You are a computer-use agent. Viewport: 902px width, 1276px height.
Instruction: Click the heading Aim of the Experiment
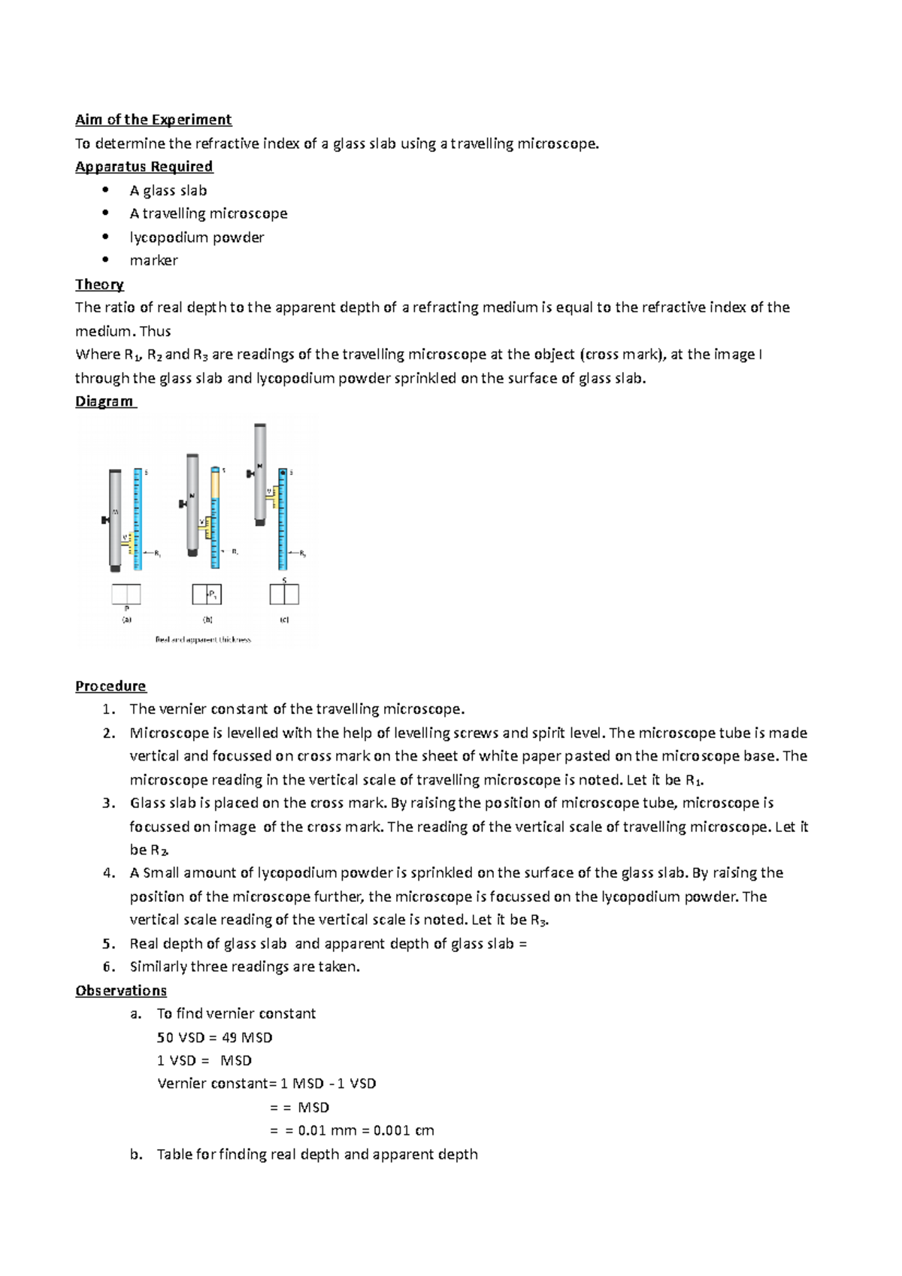click(x=153, y=119)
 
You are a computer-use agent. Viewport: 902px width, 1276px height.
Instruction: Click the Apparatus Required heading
click(x=144, y=166)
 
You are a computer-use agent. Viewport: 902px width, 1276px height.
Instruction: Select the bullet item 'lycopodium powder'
click(x=196, y=237)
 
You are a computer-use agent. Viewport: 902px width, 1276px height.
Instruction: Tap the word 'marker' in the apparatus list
click(x=153, y=261)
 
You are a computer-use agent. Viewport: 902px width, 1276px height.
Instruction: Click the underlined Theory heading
click(x=99, y=284)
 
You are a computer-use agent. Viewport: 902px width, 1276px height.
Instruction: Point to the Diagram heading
click(x=104, y=401)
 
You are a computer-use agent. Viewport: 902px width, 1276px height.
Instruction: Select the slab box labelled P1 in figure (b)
click(x=207, y=594)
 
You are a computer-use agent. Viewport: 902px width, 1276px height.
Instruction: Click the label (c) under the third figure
click(x=284, y=620)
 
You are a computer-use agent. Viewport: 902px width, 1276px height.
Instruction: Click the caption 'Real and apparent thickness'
click(x=203, y=640)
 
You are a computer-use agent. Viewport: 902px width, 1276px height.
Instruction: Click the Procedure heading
click(x=110, y=686)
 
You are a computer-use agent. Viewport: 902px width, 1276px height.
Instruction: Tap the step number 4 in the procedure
click(x=109, y=873)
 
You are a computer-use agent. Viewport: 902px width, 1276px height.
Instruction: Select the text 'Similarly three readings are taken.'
click(x=244, y=967)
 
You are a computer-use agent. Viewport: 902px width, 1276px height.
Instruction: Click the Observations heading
click(x=120, y=990)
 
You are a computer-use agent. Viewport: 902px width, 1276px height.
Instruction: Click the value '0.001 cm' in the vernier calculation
click(x=404, y=1130)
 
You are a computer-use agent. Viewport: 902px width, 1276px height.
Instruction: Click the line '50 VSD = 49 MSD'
click(x=214, y=1038)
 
